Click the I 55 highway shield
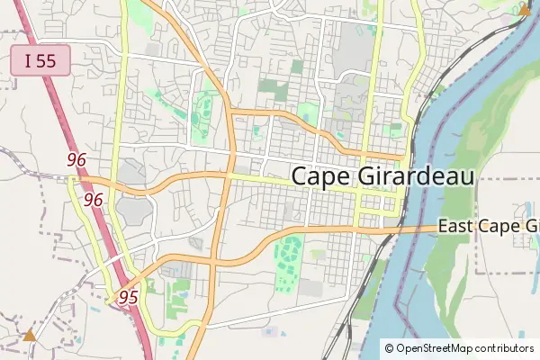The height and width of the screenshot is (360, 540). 40,61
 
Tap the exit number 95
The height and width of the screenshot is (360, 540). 128,297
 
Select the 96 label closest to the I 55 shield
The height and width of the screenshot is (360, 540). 76,159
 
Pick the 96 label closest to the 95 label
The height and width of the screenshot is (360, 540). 93,200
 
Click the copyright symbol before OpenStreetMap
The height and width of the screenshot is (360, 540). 389,347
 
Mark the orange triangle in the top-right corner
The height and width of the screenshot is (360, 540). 525,10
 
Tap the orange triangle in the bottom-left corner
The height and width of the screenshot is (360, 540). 30,335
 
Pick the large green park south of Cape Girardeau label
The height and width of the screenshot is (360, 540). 288,261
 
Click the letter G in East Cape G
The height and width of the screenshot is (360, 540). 531,226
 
